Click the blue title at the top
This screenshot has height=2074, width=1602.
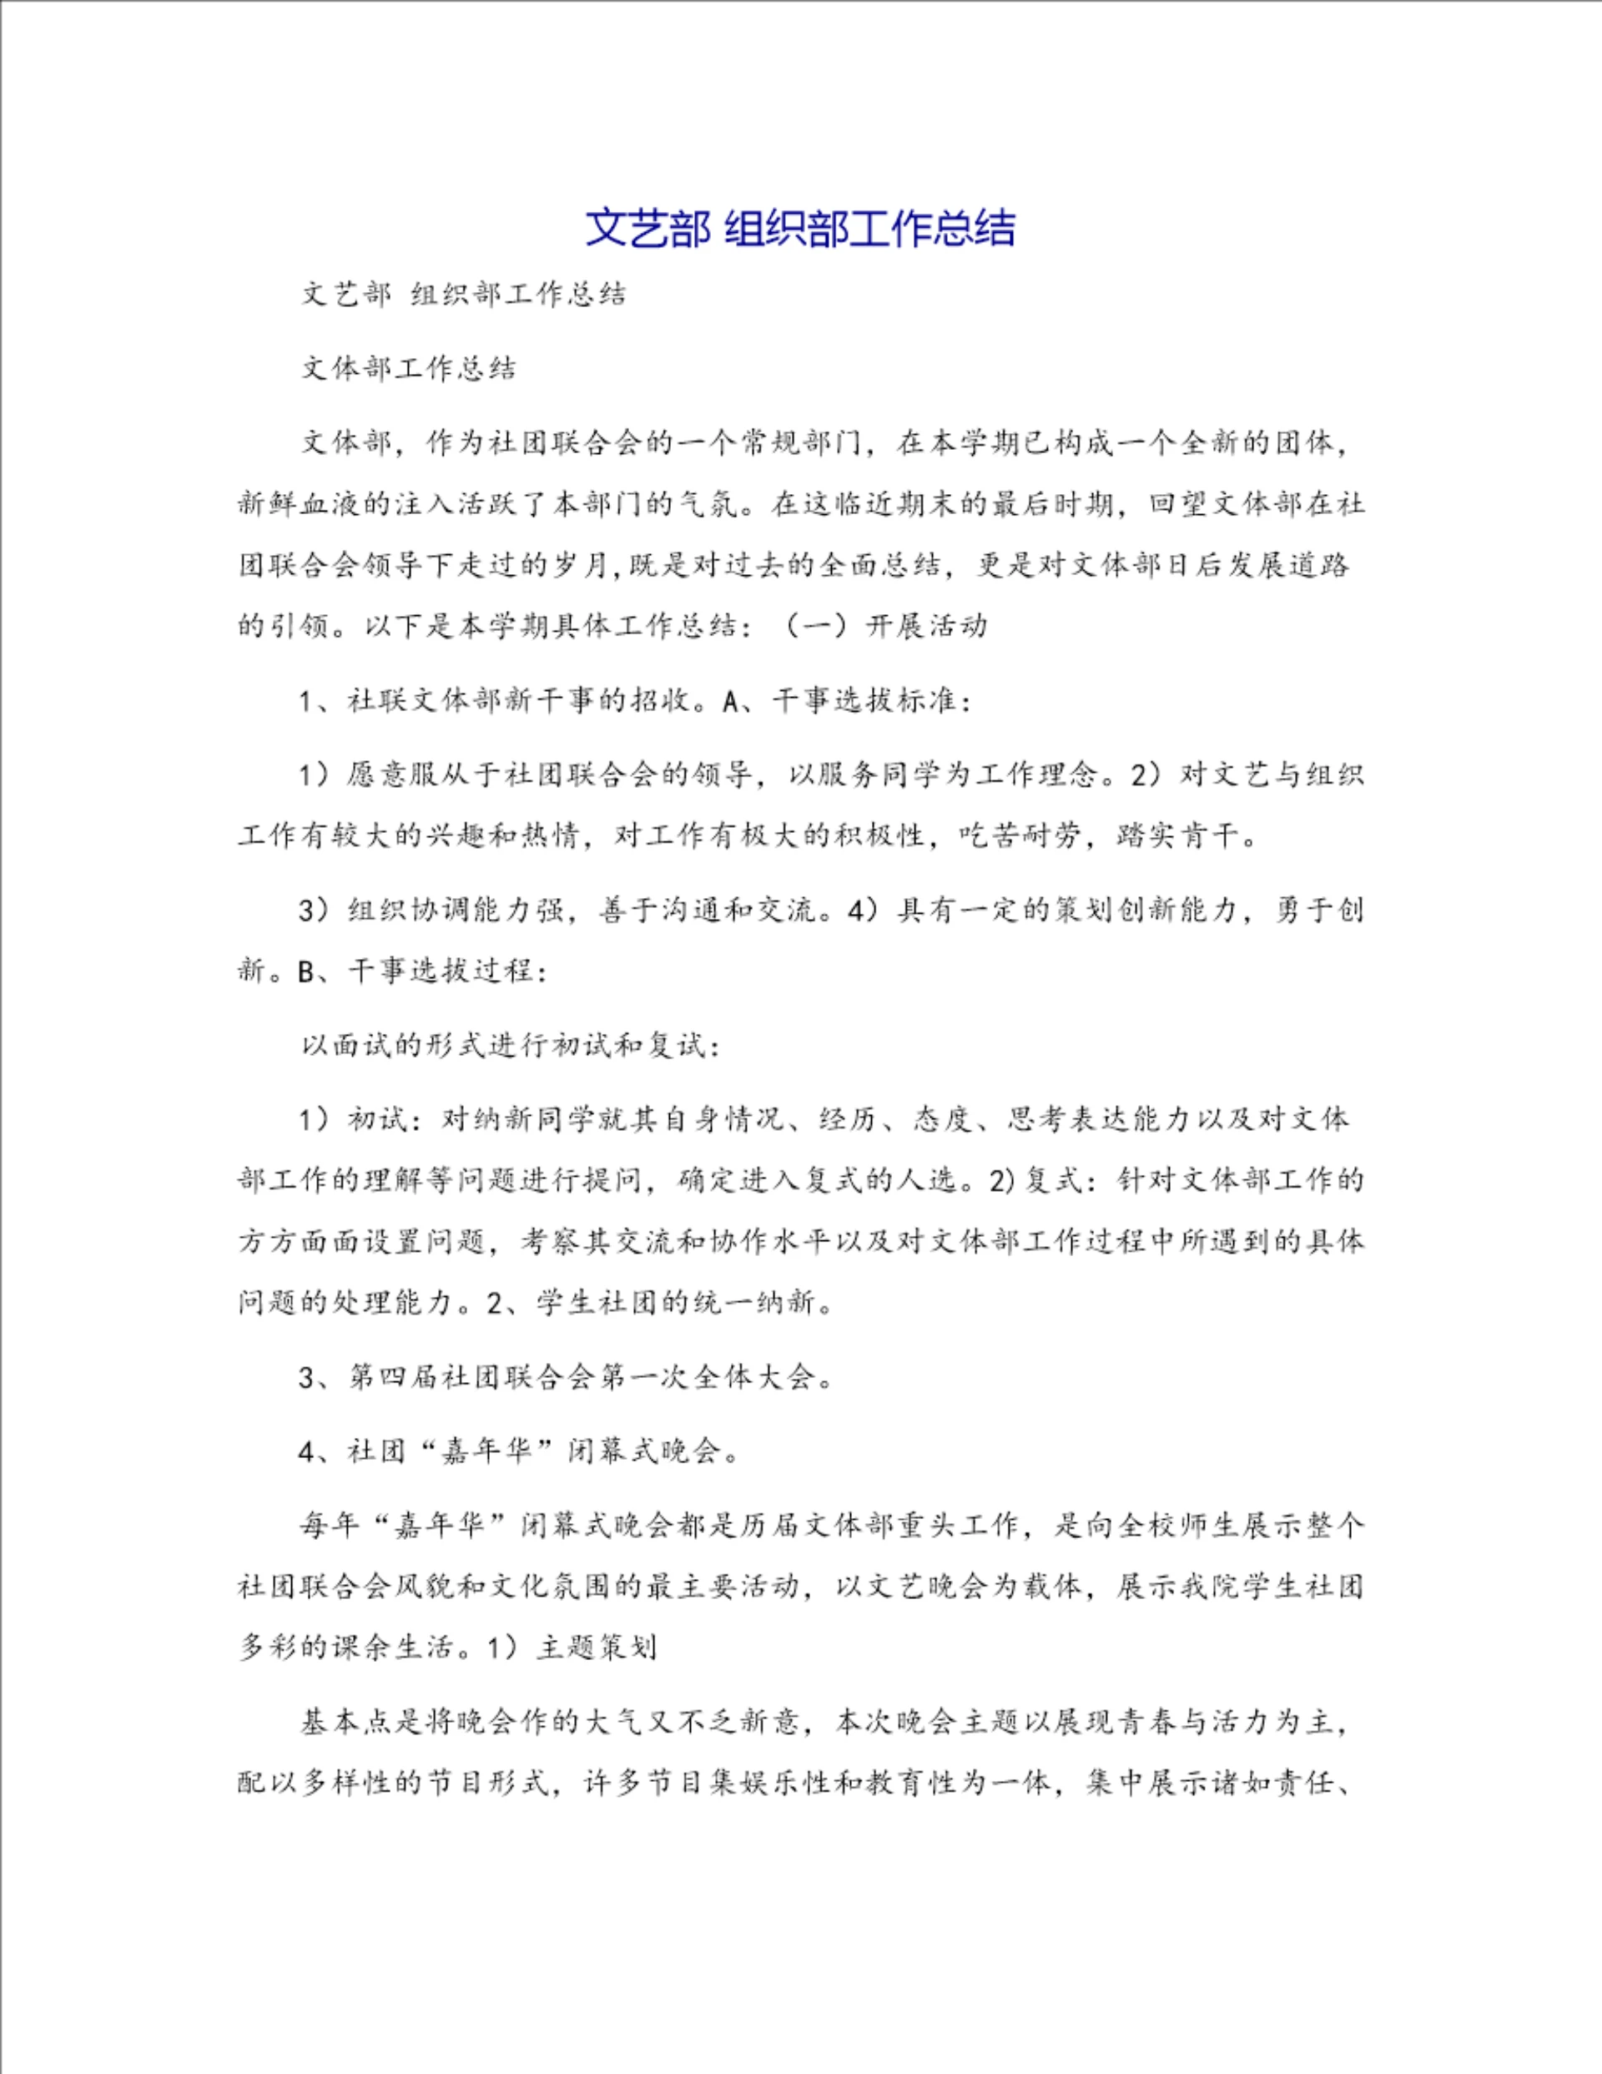[799, 228]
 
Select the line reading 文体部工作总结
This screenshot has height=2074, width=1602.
[410, 368]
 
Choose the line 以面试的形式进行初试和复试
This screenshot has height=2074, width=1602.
[511, 1046]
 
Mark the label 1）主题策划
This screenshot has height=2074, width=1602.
[571, 1648]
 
